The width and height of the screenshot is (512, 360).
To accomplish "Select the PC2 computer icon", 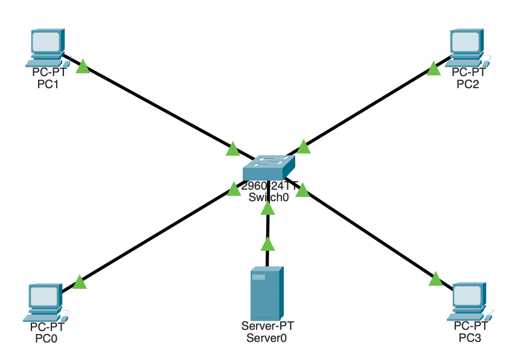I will pos(467,47).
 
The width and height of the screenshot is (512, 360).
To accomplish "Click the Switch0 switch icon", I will pos(269,167).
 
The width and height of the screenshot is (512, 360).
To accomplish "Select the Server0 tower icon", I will pos(266,294).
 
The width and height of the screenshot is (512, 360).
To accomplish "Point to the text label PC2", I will pos(469,84).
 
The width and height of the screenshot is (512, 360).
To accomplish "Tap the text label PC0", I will pos(47,338).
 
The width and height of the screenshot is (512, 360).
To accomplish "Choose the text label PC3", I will pos(470,338).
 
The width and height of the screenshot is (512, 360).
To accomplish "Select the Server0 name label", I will pos(266,338).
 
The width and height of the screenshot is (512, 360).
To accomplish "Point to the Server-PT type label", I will pos(267,326).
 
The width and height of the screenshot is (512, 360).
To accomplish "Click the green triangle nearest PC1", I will pos(83,66).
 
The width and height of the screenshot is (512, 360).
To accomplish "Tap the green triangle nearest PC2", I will pos(434,68).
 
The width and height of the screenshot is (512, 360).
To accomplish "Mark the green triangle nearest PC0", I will pos(79,281).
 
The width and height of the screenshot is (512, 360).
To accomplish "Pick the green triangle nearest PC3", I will pos(436,278).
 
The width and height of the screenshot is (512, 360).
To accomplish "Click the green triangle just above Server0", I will pos(267,244).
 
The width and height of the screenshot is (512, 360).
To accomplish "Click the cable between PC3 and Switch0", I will pos(368,233).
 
